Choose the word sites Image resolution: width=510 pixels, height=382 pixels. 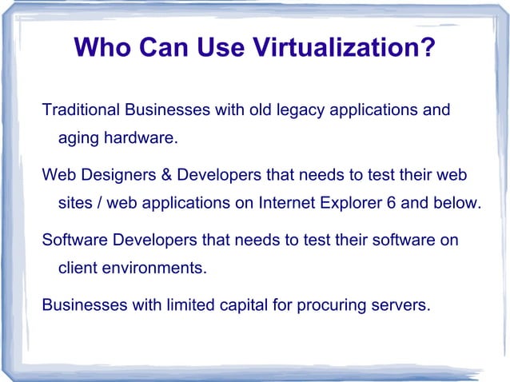[74, 203]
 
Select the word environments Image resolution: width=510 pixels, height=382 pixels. [154, 268]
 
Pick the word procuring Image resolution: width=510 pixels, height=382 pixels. [330, 304]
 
